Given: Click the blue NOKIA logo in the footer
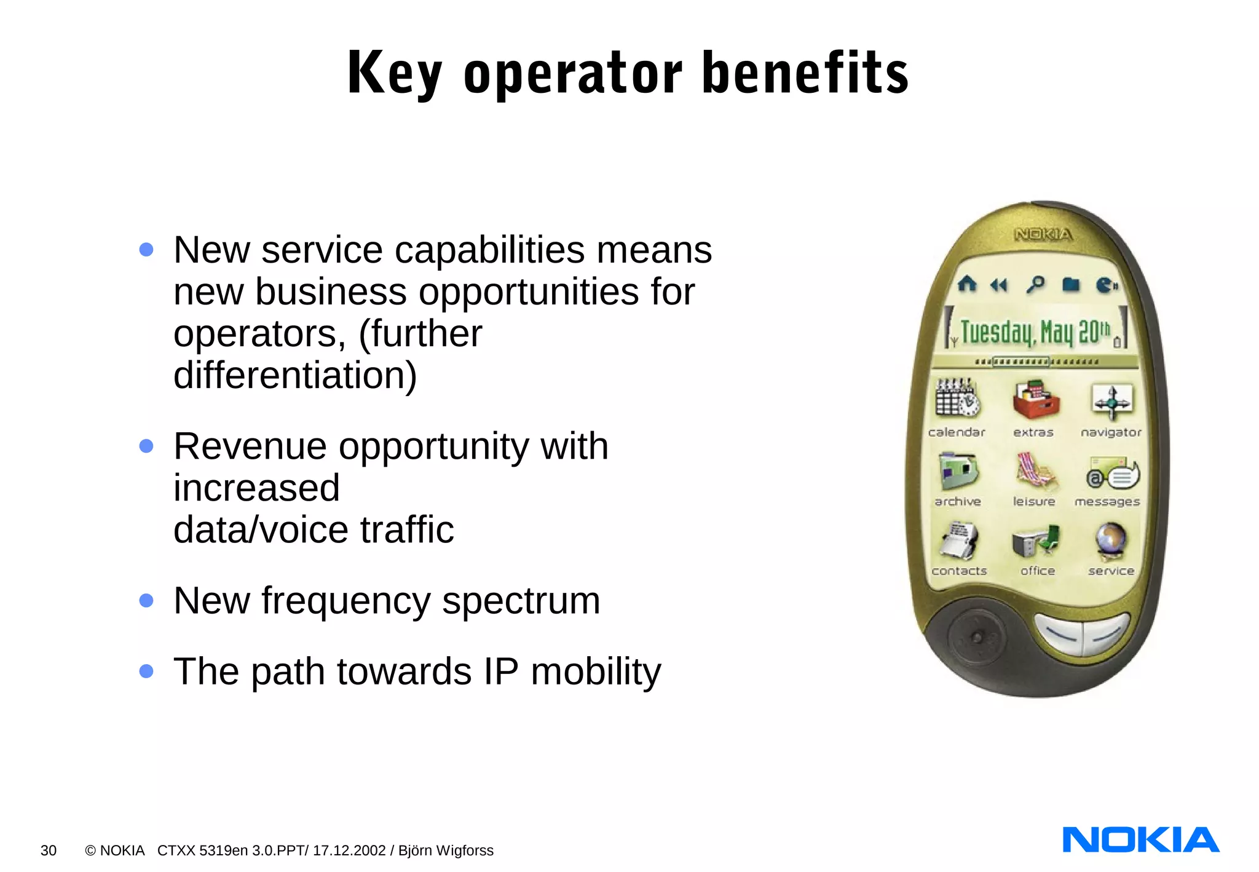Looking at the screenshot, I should [1140, 840].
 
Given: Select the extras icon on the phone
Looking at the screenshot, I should [1036, 399].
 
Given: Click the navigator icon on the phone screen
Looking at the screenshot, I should [1111, 400].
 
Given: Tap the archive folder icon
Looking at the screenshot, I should [958, 472].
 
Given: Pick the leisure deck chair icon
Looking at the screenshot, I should [1035, 472].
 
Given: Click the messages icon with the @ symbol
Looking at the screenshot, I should [1112, 474].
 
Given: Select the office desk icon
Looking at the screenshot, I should [1036, 541].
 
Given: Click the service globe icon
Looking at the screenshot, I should [1111, 540].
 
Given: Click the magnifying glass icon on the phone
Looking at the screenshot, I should [1035, 284].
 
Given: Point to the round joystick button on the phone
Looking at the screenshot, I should [976, 637].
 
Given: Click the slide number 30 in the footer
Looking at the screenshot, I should [49, 850].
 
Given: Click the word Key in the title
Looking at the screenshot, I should [394, 74].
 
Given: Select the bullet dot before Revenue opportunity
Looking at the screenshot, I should [146, 446].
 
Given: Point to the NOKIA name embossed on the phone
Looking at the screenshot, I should [1043, 234].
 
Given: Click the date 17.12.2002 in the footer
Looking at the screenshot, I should [349, 850].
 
